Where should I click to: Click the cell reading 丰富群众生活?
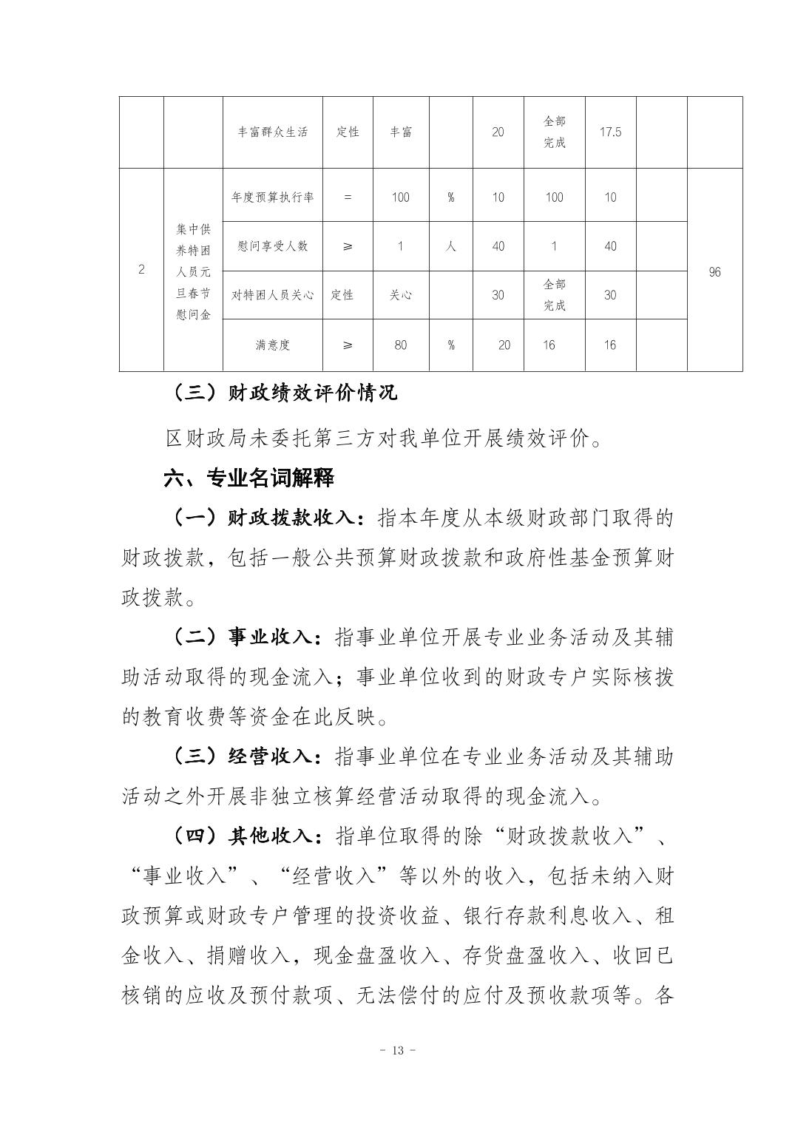coord(272,132)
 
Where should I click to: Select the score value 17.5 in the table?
coord(610,132)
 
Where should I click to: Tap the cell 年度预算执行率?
coord(272,197)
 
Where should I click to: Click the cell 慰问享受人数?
coord(272,246)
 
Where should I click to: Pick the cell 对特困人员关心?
coord(272,295)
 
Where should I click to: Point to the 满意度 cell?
coord(272,345)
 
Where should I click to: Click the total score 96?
coord(714,272)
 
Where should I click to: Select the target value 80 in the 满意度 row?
coord(400,345)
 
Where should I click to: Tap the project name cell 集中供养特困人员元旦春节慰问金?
coord(193,272)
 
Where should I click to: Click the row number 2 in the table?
coord(141,269)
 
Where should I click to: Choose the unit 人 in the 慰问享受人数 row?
coord(450,246)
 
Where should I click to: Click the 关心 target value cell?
coord(400,295)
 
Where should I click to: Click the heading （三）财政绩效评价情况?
coord(285,392)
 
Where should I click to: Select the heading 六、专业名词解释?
coord(248,478)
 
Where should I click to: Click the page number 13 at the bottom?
coord(397,1051)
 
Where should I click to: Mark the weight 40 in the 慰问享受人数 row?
coord(498,246)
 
